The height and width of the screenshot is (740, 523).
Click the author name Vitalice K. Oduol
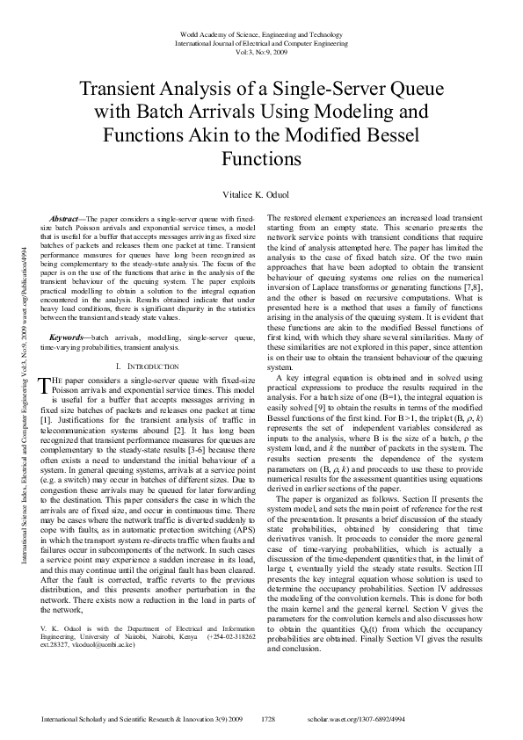pos(261,191)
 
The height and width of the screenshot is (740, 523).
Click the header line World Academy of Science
pos(261,33)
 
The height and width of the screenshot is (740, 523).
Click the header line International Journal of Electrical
pos(261,42)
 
